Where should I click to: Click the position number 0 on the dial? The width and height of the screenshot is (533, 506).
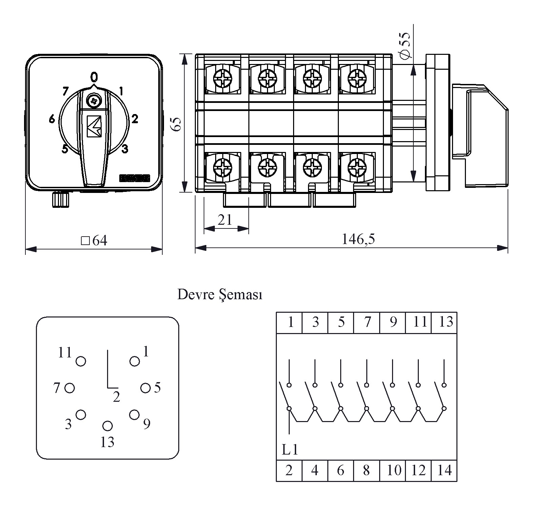pos(94,77)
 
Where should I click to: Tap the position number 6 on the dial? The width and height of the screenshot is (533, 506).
pos(52,119)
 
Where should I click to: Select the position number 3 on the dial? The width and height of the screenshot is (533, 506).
pos(125,149)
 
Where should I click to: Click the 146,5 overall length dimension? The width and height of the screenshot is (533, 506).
pos(358,239)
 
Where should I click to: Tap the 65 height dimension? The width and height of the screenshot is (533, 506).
pos(177,124)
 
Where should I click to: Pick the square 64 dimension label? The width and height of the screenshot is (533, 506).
pos(94,241)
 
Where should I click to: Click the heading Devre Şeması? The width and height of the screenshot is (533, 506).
pos(220,295)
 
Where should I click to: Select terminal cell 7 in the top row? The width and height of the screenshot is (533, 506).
pos(367,322)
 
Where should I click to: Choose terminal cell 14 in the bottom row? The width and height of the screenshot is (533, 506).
pos(444,470)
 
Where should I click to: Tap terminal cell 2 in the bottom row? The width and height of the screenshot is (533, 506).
pos(289,470)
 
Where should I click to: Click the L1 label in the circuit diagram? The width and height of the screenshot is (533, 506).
pos(290,450)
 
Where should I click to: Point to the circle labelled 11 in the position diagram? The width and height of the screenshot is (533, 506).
pos(81,361)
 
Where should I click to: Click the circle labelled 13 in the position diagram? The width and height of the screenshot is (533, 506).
pos(107,425)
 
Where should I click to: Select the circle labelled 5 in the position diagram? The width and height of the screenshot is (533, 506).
pos(145,388)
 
